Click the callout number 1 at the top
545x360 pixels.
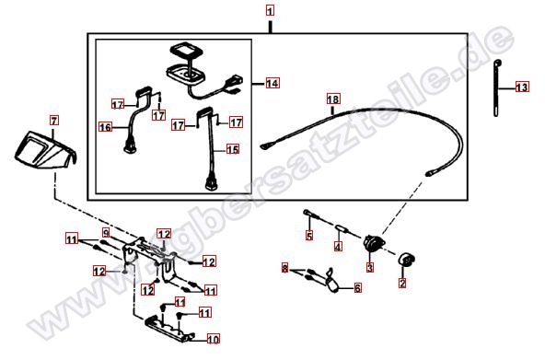[270, 10]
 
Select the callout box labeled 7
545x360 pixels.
[53, 121]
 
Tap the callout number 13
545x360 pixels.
[522, 87]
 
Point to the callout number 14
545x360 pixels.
[272, 84]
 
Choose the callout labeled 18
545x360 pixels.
[332, 99]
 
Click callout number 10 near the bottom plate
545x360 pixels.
[213, 338]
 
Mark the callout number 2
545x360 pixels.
[401, 285]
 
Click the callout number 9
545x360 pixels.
[106, 231]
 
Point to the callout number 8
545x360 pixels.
[285, 268]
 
